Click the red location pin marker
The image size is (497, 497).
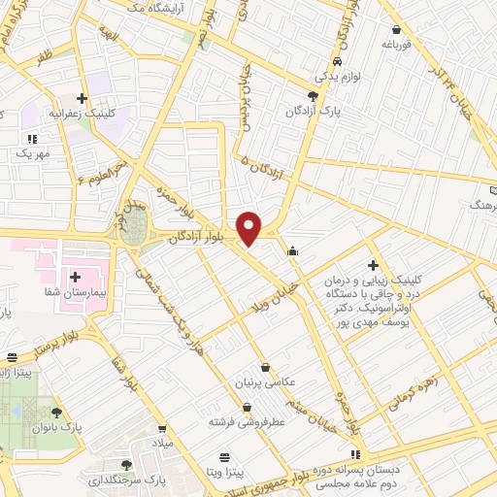(249, 227)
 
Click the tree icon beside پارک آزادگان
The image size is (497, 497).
(312, 95)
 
